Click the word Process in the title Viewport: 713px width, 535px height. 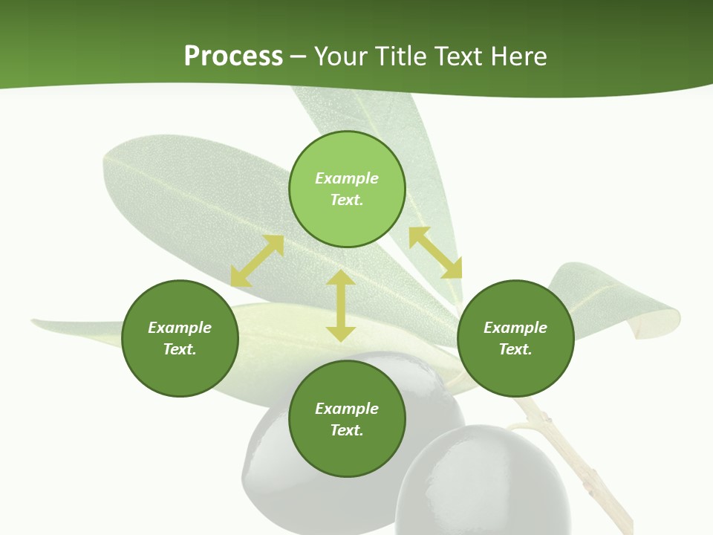point(233,56)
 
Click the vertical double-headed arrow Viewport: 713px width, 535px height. point(341,305)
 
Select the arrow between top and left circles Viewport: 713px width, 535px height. point(257,261)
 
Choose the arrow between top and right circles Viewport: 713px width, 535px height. point(435,253)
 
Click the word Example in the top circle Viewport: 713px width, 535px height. point(347,178)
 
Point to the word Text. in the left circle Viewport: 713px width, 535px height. point(180,349)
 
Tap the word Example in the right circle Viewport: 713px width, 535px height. point(515,328)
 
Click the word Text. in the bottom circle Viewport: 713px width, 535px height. point(347,430)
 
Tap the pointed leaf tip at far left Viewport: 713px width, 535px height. point(37,322)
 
